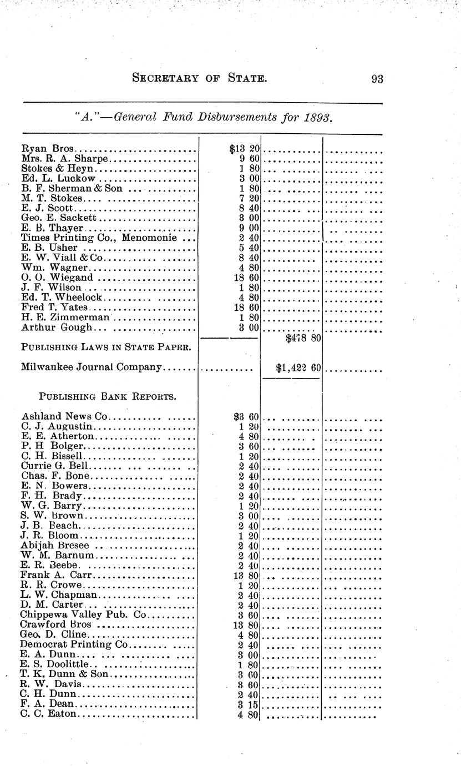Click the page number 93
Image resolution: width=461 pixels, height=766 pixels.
tap(377, 79)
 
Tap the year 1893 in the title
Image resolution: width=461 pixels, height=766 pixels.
tap(318, 117)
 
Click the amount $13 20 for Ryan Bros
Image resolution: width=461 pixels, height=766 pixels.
tap(241, 149)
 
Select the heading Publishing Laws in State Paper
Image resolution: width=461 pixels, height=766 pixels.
tap(107, 348)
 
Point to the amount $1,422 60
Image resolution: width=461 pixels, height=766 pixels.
tap(298, 367)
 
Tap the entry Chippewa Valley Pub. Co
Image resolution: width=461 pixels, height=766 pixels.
tap(84, 614)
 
